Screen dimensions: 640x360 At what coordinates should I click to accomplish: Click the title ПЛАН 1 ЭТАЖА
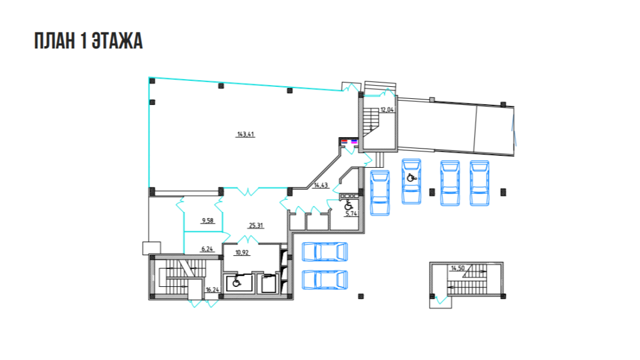tap(88, 41)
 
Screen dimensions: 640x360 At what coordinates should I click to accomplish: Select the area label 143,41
tap(245, 134)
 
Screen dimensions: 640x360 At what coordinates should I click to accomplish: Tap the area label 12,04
tap(387, 110)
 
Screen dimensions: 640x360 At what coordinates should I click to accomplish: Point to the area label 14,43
tap(321, 185)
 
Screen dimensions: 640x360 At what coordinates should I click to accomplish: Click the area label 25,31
tap(256, 225)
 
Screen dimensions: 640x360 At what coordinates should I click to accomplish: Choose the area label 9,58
tap(207, 221)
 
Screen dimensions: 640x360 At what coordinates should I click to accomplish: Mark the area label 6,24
tap(207, 249)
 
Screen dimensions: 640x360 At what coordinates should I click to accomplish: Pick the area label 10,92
tap(241, 253)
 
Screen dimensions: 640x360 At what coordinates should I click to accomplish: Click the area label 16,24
tap(212, 290)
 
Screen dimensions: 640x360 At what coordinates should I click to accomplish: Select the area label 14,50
tap(458, 268)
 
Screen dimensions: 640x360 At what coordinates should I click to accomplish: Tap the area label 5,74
tap(351, 213)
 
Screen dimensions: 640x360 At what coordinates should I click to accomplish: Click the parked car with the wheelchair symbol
tap(412, 181)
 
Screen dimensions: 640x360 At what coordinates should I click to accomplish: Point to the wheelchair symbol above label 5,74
tap(348, 205)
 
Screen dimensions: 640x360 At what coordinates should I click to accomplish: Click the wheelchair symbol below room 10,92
tap(236, 282)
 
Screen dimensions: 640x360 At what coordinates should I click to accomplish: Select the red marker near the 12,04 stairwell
tap(344, 141)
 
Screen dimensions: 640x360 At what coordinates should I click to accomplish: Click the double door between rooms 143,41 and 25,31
tap(247, 191)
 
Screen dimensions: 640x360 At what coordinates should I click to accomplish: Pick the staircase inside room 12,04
tap(371, 120)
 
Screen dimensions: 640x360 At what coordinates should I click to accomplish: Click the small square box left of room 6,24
tap(152, 248)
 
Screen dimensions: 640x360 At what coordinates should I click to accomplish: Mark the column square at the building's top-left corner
tap(152, 81)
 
